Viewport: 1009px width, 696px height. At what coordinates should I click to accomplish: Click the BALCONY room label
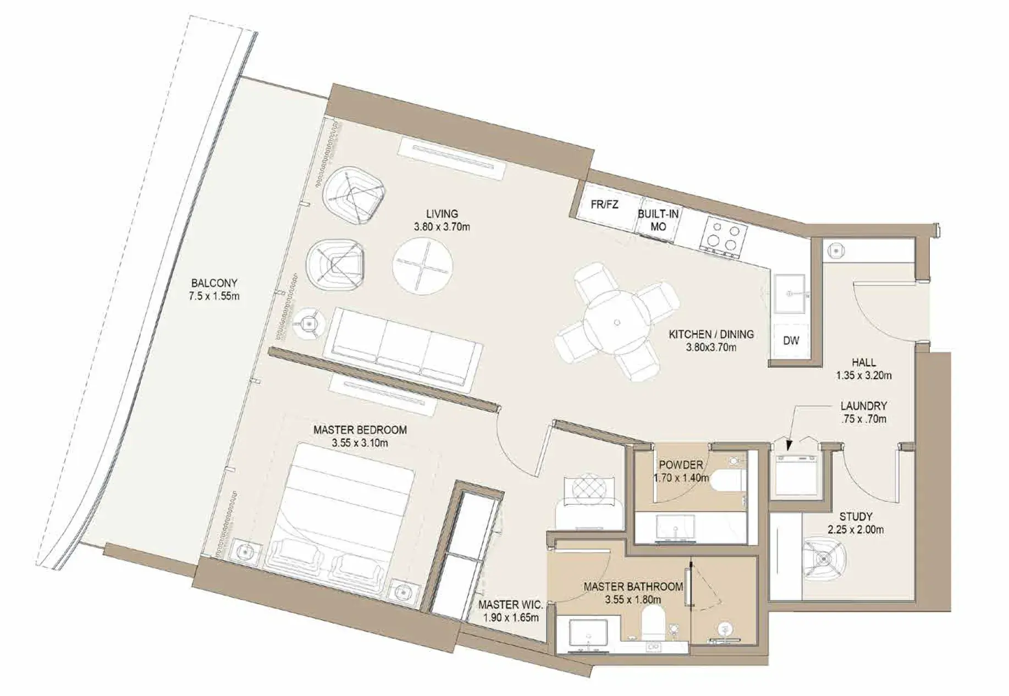[214, 283]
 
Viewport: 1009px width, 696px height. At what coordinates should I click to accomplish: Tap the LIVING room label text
[442, 214]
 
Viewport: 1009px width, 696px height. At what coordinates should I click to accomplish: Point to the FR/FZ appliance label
[604, 205]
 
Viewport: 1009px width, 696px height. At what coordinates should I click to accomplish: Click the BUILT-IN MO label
[658, 220]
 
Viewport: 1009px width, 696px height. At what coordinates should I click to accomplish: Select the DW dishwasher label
[791, 341]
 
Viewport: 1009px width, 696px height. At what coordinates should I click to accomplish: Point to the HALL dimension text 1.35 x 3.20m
[864, 376]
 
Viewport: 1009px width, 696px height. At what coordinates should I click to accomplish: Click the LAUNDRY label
[863, 406]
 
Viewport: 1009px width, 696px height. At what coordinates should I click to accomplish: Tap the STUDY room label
[856, 517]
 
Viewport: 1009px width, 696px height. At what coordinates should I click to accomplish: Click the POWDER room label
[681, 465]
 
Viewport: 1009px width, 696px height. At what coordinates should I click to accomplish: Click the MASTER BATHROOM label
[633, 587]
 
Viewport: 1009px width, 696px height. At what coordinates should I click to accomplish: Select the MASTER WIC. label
[510, 605]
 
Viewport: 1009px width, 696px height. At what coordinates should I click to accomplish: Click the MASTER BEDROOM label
[360, 430]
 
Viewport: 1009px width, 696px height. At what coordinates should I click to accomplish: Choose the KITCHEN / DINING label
[711, 334]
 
